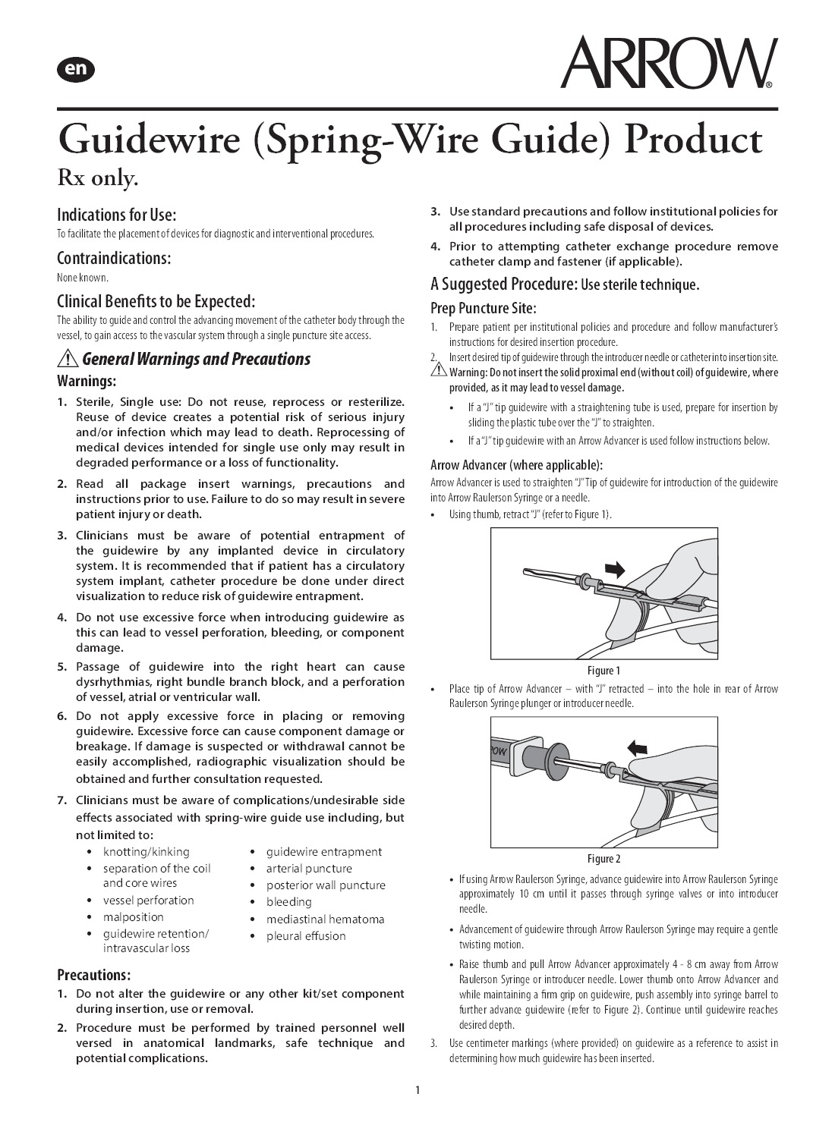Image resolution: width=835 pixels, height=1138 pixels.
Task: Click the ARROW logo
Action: (x=668, y=63)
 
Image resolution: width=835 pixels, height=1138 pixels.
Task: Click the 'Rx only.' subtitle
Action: (x=99, y=179)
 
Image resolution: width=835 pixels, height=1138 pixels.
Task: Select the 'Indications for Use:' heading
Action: (x=116, y=215)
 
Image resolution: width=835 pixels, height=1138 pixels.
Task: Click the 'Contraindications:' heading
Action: (x=114, y=258)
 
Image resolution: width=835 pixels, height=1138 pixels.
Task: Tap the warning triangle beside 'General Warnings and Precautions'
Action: (x=68, y=359)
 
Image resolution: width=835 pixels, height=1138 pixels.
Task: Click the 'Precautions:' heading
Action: (x=94, y=974)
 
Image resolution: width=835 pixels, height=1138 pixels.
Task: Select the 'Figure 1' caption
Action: (x=603, y=671)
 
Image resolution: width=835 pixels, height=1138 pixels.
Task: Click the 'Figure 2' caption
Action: (x=603, y=859)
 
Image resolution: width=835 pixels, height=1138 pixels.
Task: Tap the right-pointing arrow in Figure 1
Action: (x=616, y=568)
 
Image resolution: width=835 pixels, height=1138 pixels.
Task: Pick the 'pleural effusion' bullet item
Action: (x=305, y=935)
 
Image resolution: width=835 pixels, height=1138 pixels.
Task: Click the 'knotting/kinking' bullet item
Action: (x=146, y=851)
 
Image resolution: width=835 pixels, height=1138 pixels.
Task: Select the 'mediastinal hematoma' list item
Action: (x=325, y=919)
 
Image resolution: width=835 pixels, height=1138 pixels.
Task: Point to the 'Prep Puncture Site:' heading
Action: (x=483, y=308)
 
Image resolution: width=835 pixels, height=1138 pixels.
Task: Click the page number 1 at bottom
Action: (x=417, y=1091)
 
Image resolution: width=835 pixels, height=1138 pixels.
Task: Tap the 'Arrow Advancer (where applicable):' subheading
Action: (x=516, y=465)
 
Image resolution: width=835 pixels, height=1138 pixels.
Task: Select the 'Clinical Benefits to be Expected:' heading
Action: (x=156, y=300)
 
